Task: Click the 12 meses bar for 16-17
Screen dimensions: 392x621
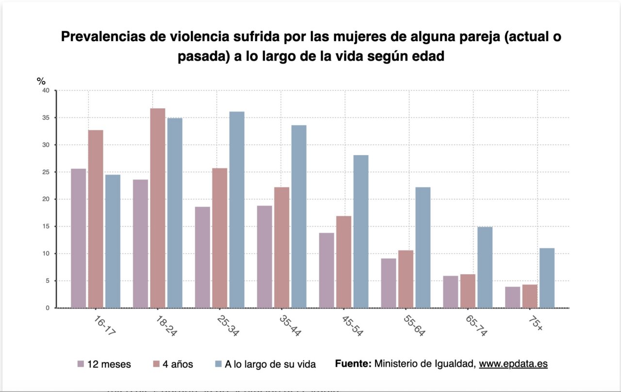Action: click(x=79, y=238)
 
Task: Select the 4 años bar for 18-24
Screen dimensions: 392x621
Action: click(x=158, y=208)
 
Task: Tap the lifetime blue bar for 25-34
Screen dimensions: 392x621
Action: click(x=237, y=210)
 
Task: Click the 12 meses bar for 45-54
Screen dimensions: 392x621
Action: click(x=327, y=270)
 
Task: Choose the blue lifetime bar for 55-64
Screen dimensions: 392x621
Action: click(x=423, y=247)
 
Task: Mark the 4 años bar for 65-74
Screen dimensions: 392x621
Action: click(x=468, y=291)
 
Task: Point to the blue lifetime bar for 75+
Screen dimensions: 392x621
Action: click(x=547, y=278)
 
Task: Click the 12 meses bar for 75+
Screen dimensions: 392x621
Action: click(x=512, y=297)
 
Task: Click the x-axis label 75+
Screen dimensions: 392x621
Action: click(x=536, y=322)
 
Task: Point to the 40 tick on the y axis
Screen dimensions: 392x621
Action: click(x=46, y=91)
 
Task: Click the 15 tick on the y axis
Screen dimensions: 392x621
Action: click(x=46, y=227)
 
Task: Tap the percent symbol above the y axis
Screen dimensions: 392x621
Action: click(x=41, y=81)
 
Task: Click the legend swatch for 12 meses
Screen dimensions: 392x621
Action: click(x=81, y=364)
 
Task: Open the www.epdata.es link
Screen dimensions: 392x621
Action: click(x=513, y=363)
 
